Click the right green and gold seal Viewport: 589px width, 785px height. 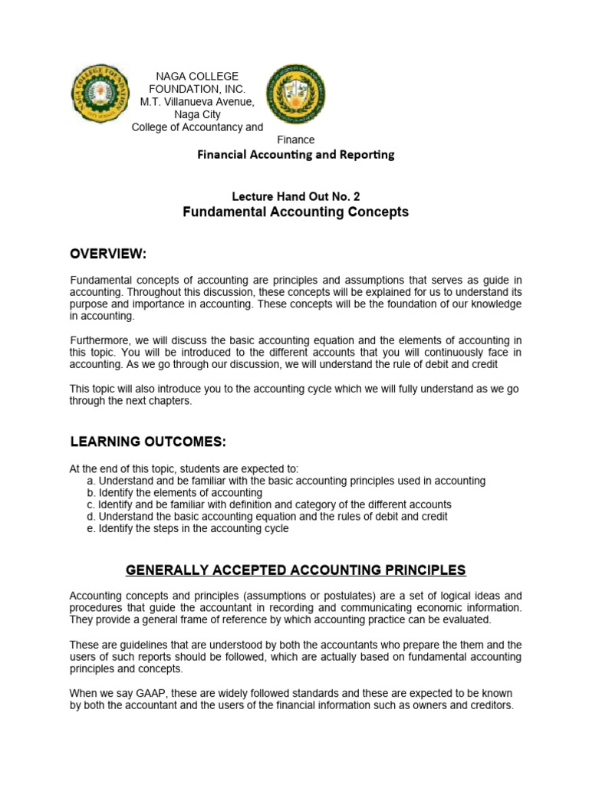pos(294,94)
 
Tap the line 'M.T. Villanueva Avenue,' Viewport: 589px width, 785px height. pos(198,102)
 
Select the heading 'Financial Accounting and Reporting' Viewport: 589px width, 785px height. pos(296,155)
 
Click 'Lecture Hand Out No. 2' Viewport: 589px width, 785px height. pos(295,196)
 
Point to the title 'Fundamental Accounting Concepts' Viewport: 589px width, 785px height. pos(295,212)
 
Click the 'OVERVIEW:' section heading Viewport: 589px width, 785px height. pos(108,254)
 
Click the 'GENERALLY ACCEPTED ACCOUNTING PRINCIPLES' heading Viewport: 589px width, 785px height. pos(295,570)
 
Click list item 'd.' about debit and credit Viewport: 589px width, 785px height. pos(268,517)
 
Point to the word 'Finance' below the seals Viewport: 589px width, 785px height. pos(295,140)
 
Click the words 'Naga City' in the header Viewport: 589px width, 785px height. pos(198,114)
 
